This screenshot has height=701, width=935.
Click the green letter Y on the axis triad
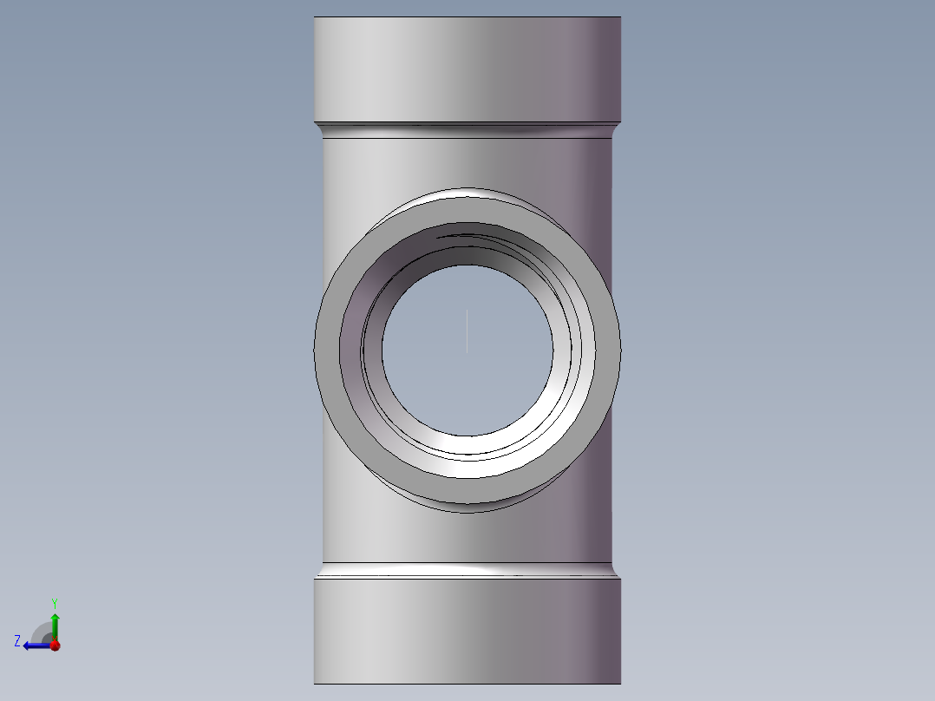coord(55,603)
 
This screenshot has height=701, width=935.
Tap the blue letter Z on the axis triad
coord(17,641)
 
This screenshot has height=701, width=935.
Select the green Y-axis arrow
coord(55,626)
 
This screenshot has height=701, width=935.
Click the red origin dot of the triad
coord(56,645)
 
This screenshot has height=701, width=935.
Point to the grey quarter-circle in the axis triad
coord(41,633)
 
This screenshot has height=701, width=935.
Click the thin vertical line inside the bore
coord(467,331)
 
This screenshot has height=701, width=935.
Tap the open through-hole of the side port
coord(467,350)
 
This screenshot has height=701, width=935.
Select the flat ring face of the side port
coord(327,350)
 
